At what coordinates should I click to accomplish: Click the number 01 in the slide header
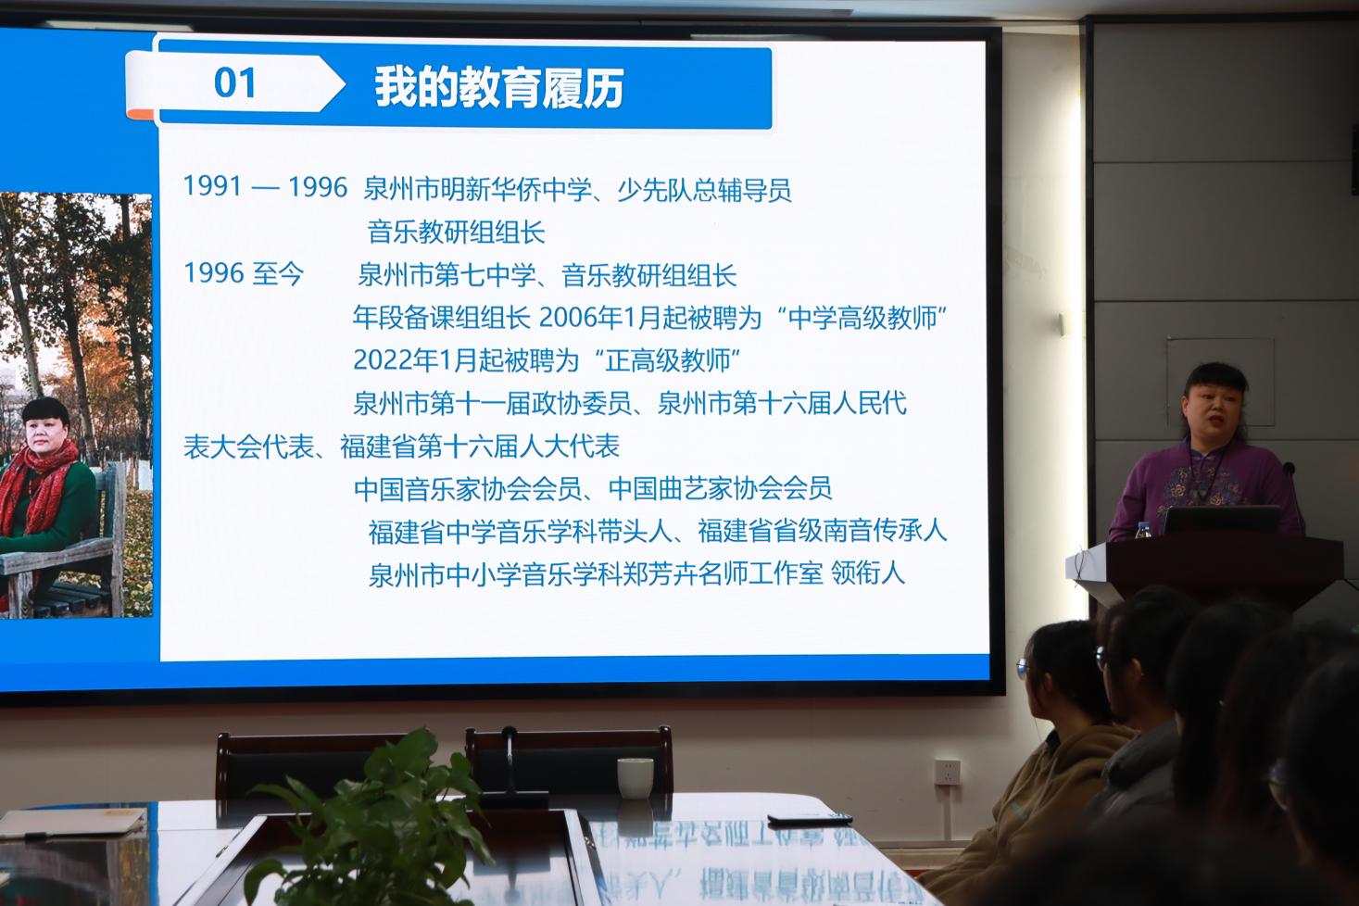[234, 83]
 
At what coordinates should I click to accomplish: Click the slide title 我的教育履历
[498, 87]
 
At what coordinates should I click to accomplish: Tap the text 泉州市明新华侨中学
[477, 189]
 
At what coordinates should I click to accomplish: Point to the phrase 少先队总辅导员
[704, 190]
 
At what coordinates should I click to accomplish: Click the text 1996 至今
[244, 273]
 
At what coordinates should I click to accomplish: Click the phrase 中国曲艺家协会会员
[720, 489]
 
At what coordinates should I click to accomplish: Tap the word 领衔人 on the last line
[868, 573]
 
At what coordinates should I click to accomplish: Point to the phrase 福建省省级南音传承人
[822, 532]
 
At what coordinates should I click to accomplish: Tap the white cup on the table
[635, 778]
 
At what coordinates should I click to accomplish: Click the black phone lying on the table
[810, 818]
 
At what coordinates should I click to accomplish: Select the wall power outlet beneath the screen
[947, 772]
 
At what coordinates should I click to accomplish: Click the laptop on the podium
[1221, 520]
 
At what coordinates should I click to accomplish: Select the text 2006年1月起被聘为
[649, 318]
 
